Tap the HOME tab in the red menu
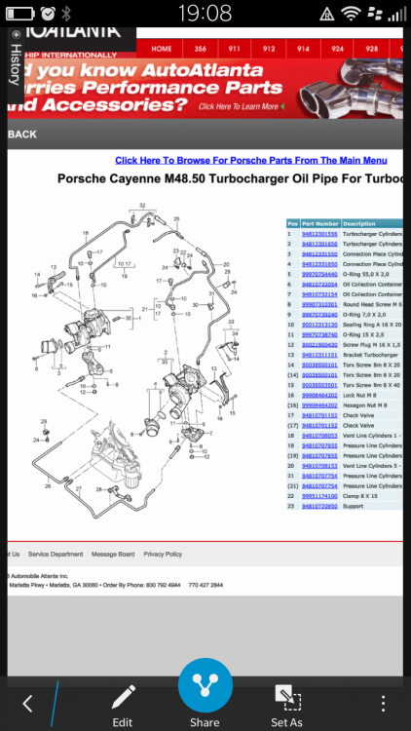click(162, 48)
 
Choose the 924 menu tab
click(337, 48)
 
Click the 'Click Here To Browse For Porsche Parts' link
click(250, 160)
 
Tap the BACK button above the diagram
click(21, 135)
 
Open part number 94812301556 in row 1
click(319, 234)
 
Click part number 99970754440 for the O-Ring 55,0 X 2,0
click(319, 275)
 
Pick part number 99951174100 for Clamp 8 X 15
click(319, 495)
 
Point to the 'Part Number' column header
click(319, 223)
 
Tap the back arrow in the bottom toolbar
click(27, 703)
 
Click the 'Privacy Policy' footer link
click(163, 554)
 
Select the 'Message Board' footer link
click(113, 554)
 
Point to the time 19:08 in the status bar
click(205, 13)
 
